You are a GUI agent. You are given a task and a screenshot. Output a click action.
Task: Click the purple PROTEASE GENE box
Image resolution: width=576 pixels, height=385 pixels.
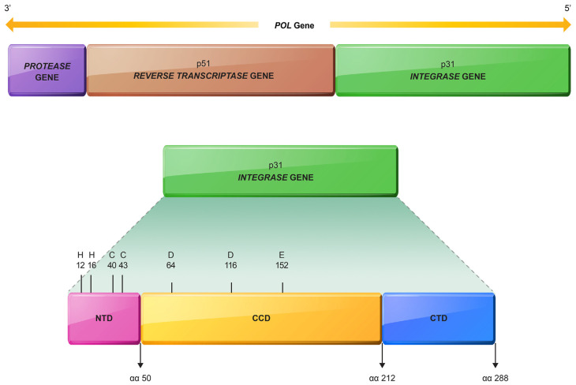click(x=47, y=70)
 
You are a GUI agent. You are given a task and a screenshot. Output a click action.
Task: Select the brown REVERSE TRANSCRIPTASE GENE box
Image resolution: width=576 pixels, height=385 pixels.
click(x=211, y=70)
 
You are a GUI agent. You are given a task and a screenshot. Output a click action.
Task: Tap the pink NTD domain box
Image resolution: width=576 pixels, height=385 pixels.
click(x=104, y=319)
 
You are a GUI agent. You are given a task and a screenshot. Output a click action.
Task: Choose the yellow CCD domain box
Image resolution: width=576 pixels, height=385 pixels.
click(x=261, y=319)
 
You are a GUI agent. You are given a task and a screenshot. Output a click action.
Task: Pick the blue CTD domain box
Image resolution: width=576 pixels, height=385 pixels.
click(x=439, y=319)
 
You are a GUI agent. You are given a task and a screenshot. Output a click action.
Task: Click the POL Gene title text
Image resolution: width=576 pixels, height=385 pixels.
click(x=294, y=25)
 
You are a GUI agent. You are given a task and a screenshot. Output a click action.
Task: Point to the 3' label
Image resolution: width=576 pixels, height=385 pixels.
click(x=7, y=8)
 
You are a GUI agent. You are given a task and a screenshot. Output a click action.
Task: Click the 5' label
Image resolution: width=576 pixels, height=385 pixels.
click(x=567, y=8)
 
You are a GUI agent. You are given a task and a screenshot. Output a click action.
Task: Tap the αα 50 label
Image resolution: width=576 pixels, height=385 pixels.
click(x=140, y=378)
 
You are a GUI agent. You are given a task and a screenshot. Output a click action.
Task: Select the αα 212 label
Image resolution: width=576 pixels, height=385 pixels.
click(x=382, y=378)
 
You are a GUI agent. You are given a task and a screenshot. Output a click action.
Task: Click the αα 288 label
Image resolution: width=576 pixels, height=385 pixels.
click(x=496, y=378)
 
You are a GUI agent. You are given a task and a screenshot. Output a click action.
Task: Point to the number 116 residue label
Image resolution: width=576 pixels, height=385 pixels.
click(x=230, y=265)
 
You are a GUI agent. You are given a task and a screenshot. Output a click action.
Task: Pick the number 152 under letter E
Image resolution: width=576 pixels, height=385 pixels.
click(x=282, y=265)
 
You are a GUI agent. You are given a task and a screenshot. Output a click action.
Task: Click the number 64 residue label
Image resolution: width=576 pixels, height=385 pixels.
click(x=170, y=265)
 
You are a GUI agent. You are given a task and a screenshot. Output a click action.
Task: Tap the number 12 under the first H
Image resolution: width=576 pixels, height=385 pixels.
click(x=80, y=265)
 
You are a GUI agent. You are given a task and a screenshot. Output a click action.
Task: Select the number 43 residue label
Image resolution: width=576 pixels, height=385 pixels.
click(x=123, y=265)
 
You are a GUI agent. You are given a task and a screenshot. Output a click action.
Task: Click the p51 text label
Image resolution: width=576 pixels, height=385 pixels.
click(x=203, y=64)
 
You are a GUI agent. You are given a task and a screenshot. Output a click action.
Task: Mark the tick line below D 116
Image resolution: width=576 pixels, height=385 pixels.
click(x=231, y=288)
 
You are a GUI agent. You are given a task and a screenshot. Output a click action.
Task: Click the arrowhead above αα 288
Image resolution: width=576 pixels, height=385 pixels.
click(x=496, y=364)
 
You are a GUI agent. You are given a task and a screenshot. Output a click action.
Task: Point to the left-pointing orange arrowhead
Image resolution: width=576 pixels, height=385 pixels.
click(x=9, y=24)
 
